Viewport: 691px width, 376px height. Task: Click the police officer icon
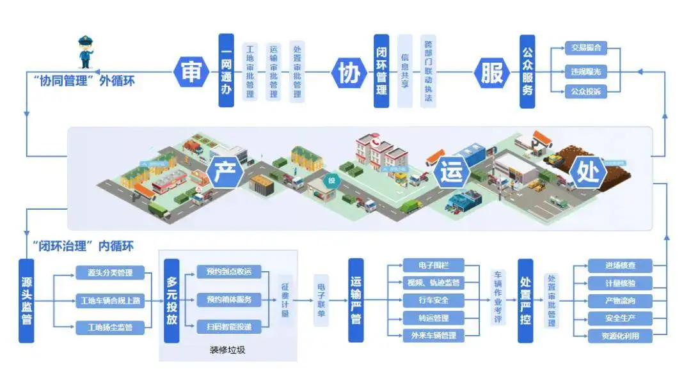(x=85, y=52)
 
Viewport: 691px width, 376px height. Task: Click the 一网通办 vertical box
(x=226, y=70)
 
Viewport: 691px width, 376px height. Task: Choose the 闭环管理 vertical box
(x=381, y=70)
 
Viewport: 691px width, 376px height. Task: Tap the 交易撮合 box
(x=585, y=49)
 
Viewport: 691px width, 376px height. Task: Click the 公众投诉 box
(x=585, y=91)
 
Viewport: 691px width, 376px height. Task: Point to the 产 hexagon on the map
(x=225, y=173)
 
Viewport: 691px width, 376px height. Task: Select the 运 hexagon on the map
(x=452, y=173)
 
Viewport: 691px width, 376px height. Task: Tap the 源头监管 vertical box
(x=26, y=301)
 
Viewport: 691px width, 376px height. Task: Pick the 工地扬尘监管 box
(x=110, y=328)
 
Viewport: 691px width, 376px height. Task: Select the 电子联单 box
(x=322, y=300)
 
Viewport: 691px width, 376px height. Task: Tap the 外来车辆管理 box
(x=433, y=335)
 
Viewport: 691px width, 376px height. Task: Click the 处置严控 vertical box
(x=525, y=301)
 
